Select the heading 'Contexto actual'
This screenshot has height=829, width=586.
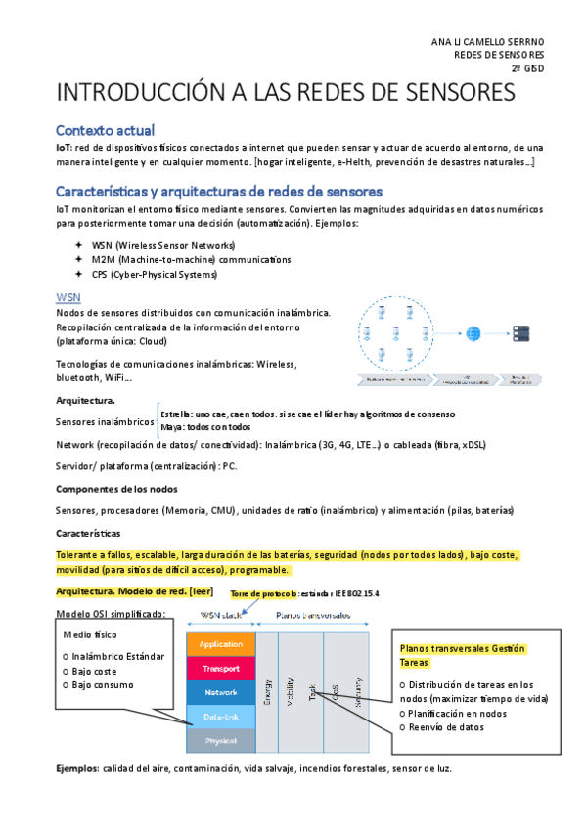click(x=105, y=130)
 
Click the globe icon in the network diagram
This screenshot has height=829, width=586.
click(x=474, y=333)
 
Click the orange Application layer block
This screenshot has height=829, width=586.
click(x=220, y=644)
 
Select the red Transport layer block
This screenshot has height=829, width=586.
click(x=220, y=668)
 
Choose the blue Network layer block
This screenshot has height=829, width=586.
click(x=220, y=692)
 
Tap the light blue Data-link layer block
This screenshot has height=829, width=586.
click(x=220, y=717)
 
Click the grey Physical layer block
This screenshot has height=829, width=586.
click(x=220, y=740)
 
